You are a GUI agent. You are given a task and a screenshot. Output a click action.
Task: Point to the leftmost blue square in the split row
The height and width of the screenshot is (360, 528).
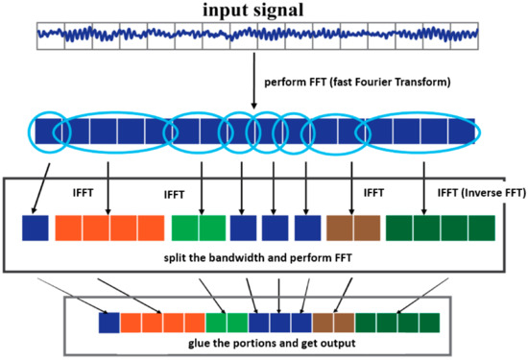pyautogui.click(x=36, y=228)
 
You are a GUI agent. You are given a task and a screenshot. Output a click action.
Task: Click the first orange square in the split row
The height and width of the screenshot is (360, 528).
pyautogui.click(x=69, y=228)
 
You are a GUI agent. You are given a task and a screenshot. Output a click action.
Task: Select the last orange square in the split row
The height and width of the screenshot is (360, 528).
pyautogui.click(x=151, y=228)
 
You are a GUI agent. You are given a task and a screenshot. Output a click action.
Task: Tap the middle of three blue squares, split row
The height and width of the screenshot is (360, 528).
pyautogui.click(x=275, y=228)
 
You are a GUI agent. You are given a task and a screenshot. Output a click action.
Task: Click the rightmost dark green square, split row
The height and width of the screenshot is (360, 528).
pyautogui.click(x=481, y=228)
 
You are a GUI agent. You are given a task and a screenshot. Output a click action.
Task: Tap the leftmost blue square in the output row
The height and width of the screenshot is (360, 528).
pyautogui.click(x=109, y=324)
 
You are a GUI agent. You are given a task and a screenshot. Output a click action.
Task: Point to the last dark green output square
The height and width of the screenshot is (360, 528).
pyautogui.click(x=429, y=324)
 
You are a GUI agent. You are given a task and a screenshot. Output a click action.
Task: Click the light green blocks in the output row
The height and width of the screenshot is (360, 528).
pyautogui.click(x=228, y=324)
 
